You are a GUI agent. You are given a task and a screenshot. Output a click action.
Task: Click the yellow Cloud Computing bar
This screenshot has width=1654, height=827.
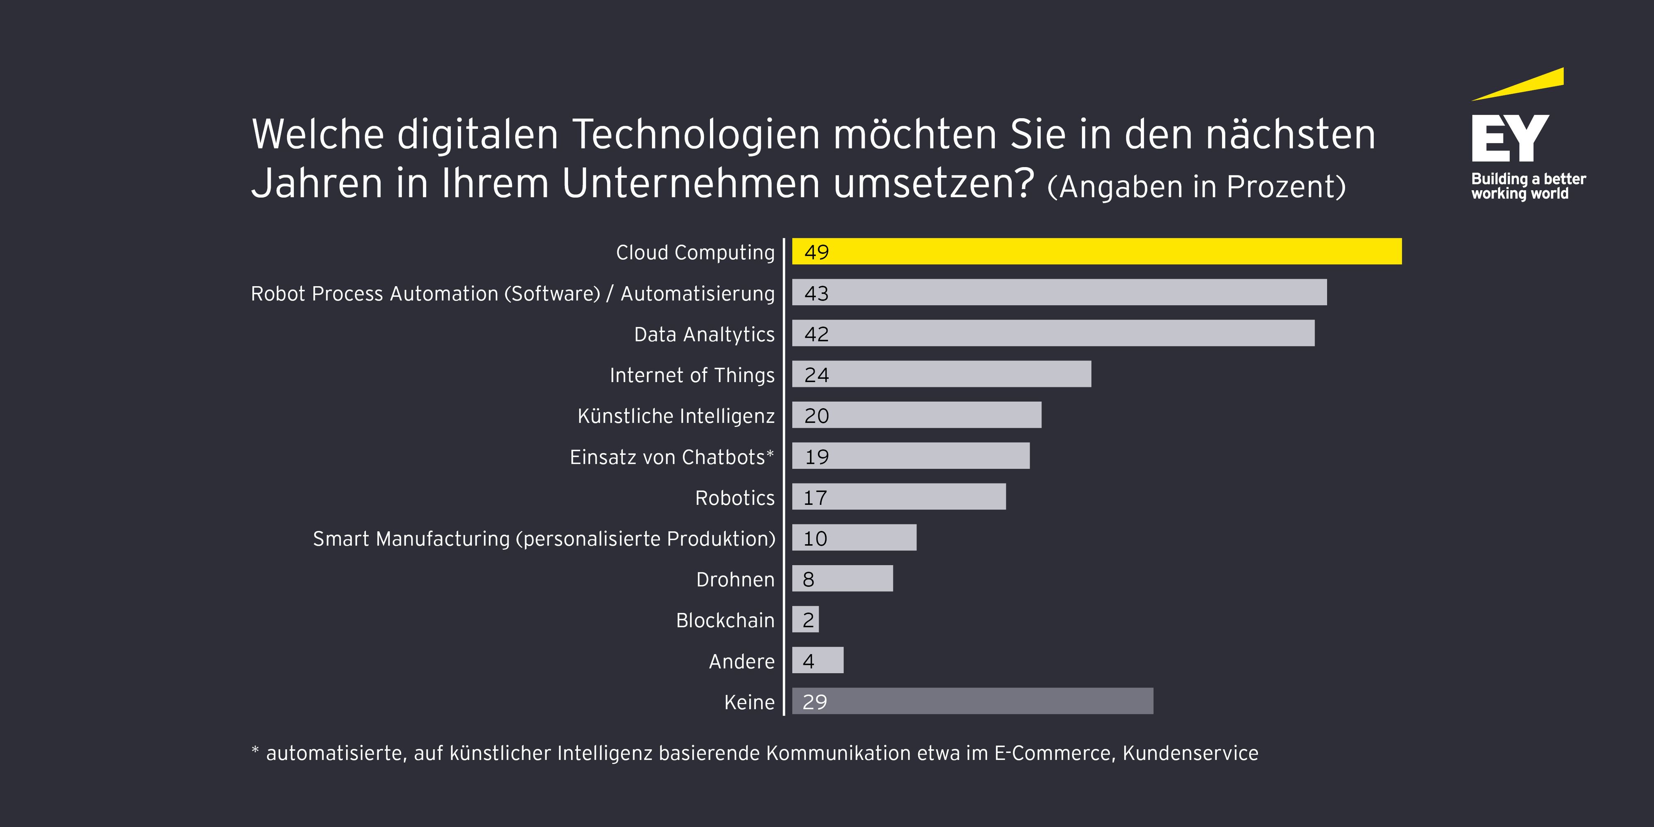[x=1097, y=251]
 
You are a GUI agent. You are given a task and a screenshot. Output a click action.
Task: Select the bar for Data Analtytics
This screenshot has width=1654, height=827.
[x=1053, y=333]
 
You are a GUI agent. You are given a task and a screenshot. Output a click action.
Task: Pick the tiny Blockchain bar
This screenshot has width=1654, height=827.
[x=805, y=619]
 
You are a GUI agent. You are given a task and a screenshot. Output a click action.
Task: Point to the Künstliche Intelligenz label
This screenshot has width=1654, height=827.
[x=676, y=416]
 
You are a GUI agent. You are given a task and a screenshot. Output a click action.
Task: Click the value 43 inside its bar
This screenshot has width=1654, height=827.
[x=816, y=294]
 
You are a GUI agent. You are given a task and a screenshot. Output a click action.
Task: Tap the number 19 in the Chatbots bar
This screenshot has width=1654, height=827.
[x=816, y=457]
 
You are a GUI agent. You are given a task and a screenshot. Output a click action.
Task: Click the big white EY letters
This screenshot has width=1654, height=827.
[x=1510, y=138]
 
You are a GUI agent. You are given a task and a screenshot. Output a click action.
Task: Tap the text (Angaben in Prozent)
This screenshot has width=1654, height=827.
[x=1195, y=187]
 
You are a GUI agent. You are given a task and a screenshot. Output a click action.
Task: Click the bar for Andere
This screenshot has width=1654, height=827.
[x=817, y=660]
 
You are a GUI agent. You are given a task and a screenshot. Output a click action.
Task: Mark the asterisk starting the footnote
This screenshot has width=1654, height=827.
[x=255, y=750]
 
